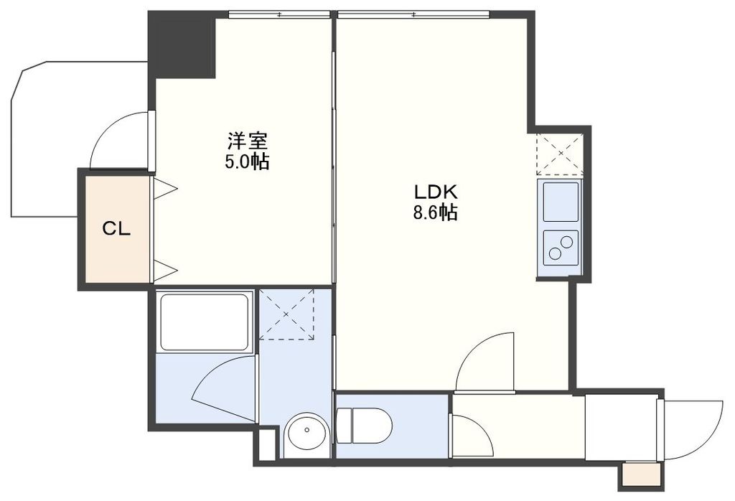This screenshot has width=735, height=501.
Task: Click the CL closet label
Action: coord(116,230)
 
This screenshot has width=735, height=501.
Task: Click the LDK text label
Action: coord(435,192)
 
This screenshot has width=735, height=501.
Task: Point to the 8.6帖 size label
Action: coord(435,213)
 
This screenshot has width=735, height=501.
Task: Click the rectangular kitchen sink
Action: coord(561,202)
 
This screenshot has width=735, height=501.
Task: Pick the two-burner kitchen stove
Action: coord(561,247)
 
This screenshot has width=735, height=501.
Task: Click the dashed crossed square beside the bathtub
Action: coord(287,314)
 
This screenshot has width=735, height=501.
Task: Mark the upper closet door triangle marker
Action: coord(166,189)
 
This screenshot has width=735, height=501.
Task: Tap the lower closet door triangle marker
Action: coord(166,271)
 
